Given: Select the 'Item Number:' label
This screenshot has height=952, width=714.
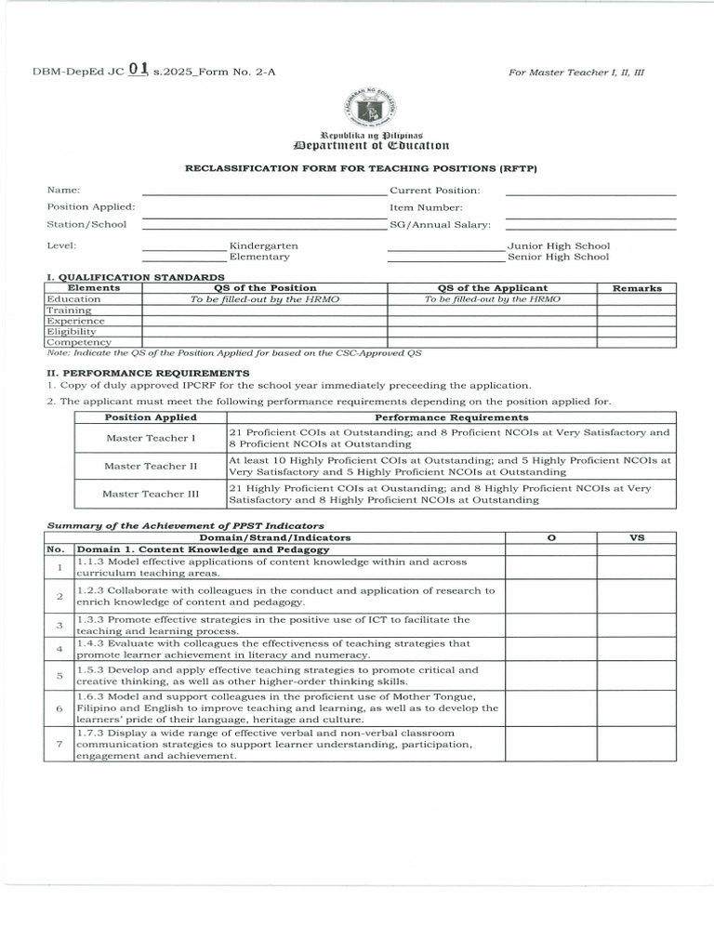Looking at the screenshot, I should tap(426, 207).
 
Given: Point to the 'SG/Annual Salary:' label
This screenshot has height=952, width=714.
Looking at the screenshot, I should tap(440, 224).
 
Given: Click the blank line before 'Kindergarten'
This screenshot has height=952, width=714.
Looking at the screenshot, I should tap(183, 246).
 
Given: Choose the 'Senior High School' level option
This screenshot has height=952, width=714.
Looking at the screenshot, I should tap(558, 257).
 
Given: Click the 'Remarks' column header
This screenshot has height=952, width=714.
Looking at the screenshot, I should tap(637, 288).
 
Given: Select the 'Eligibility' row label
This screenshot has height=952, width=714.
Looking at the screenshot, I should tap(72, 331).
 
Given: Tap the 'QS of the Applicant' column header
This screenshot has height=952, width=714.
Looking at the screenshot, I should tap(492, 288).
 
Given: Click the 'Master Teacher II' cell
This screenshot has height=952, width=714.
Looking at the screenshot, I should tap(151, 466).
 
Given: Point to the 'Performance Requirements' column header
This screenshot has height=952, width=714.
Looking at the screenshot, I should tap(451, 417).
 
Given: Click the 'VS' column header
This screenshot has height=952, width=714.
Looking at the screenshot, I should tap(637, 537).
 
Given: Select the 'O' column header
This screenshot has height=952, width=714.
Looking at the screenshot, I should tap(551, 537).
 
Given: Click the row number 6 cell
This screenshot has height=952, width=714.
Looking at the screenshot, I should tap(59, 707).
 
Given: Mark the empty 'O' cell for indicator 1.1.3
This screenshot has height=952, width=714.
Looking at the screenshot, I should tap(551, 567).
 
